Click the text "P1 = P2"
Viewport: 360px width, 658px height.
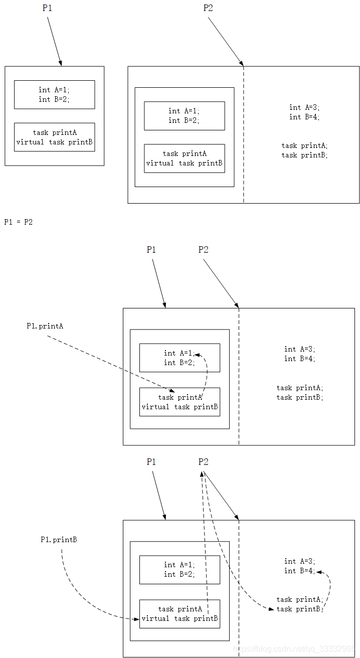19,222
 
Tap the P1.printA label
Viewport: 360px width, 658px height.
45,326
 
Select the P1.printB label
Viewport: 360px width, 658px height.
59,540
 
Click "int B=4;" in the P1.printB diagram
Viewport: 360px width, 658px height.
299,571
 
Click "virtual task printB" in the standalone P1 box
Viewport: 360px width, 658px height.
54,142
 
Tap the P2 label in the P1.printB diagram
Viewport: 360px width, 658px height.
203,462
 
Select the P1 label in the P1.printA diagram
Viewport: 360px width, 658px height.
151,250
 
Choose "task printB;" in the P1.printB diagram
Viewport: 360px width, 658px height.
299,609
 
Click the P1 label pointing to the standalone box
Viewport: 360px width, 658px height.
47,9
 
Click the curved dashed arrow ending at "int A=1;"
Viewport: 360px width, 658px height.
206,371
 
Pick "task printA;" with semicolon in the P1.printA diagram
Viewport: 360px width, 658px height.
299,388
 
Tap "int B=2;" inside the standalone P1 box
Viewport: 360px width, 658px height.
54,99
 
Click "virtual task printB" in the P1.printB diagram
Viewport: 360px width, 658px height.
179,618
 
